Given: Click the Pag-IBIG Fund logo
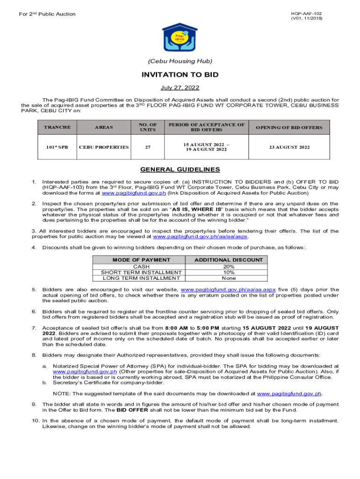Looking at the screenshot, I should [x=180, y=37].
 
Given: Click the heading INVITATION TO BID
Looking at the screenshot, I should [x=180, y=75].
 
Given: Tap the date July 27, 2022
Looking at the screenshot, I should [x=180, y=88].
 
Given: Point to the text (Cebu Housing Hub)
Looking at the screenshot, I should [x=180, y=61].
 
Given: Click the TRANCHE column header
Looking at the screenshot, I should [x=57, y=127].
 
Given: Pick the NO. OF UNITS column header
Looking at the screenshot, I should [x=148, y=127].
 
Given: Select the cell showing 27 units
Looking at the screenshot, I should [x=148, y=147].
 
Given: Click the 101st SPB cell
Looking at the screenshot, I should [x=57, y=147].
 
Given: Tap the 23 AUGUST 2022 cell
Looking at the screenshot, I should [x=289, y=147].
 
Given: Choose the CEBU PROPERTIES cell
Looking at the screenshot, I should [x=104, y=147].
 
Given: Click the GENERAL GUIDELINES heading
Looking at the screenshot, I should [x=180, y=169].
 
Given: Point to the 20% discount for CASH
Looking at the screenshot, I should [x=229, y=266].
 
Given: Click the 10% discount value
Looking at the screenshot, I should [x=229, y=272].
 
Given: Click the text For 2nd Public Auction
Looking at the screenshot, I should [x=47, y=14].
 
